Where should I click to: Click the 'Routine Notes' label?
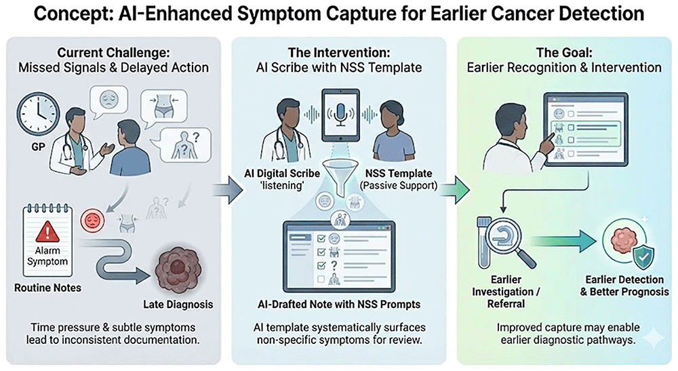tap(47, 288)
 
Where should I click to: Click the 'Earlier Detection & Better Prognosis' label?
tap(624, 286)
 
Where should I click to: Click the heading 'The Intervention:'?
tap(338, 52)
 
